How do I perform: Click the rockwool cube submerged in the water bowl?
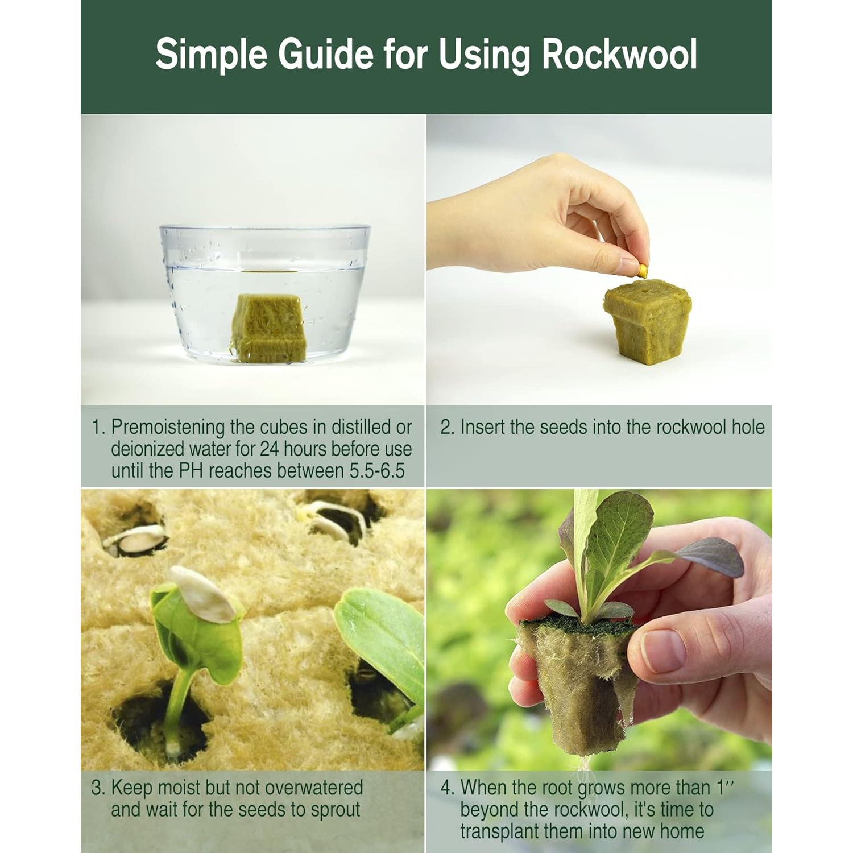pos(269,329)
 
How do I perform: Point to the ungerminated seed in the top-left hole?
pos(136,537)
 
